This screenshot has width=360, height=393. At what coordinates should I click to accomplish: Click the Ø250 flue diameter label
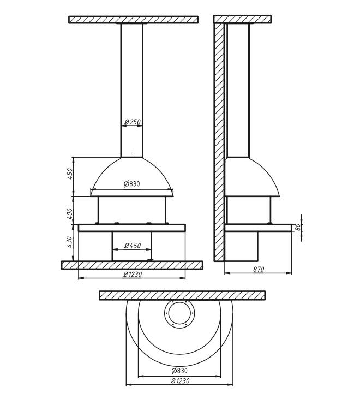(x=133, y=122)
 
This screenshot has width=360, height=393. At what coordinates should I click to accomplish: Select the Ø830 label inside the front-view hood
(x=132, y=184)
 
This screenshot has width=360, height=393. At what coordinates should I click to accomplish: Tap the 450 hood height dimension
(x=69, y=174)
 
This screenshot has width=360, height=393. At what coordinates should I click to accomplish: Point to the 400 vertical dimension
(x=69, y=213)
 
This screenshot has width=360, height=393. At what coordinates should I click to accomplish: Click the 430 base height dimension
(x=69, y=242)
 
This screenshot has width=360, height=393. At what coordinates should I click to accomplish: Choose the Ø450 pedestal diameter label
(x=133, y=246)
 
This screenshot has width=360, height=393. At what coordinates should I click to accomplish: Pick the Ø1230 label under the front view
(x=133, y=274)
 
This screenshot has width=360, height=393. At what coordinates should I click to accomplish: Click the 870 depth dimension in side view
(x=259, y=269)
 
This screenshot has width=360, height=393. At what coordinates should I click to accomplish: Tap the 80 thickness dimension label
(x=298, y=227)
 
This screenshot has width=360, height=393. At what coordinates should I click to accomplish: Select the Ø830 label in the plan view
(x=179, y=370)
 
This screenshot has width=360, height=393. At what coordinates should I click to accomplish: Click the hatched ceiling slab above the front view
(x=133, y=20)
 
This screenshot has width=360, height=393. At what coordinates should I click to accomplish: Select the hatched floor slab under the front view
(x=132, y=265)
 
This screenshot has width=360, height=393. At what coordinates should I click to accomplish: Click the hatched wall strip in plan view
(x=182, y=295)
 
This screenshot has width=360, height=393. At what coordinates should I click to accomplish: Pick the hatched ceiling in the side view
(x=243, y=19)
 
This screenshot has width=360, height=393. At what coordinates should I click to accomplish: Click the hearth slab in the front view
(x=132, y=228)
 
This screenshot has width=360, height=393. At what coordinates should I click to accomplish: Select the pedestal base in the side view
(x=241, y=246)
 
